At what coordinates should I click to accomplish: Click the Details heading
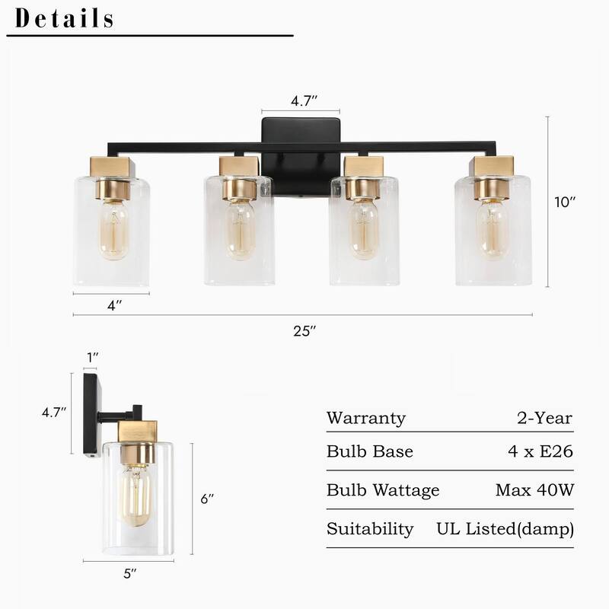pos(65,18)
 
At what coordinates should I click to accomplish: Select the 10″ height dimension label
pos(566,202)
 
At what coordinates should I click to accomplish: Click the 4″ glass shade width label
pos(114,306)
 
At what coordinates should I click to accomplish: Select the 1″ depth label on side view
pos(91,356)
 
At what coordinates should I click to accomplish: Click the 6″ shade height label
pos(208,499)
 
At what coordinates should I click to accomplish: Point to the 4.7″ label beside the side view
pos(53,412)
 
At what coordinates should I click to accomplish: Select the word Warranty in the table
pos(365,418)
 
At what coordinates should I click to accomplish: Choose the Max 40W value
pos(534,490)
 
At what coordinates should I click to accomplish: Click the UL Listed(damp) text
pos(505,528)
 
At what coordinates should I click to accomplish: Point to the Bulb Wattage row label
pos(383,490)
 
